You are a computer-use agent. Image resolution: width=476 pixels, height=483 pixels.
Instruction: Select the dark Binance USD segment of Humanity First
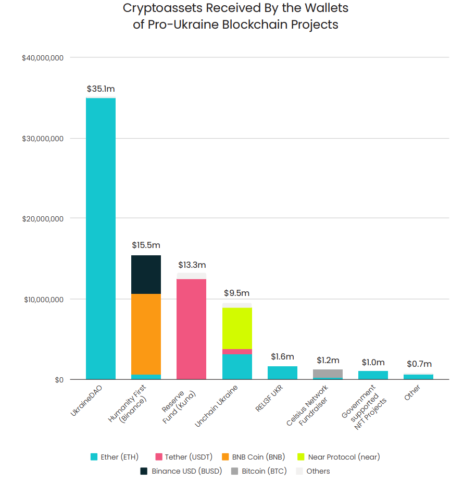[146, 275]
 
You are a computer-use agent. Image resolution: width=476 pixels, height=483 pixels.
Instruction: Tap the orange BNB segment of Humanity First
[146, 334]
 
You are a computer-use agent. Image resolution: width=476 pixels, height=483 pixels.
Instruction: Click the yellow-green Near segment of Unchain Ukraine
[237, 328]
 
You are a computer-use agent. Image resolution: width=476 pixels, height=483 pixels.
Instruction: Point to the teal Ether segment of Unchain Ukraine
[237, 366]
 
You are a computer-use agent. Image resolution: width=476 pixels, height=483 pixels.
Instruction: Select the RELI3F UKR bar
[282, 373]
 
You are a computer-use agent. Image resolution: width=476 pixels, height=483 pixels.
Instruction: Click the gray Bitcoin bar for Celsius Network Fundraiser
[328, 374]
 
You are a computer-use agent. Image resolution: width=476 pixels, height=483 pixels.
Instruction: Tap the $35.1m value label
[101, 89]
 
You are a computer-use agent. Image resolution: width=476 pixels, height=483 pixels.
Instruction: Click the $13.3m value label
[192, 265]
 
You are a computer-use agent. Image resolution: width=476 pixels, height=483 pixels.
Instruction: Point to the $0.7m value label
[419, 364]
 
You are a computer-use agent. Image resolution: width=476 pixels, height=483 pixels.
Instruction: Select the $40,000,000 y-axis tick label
[42, 58]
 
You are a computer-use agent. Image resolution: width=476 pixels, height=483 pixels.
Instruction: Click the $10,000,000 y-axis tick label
[42, 300]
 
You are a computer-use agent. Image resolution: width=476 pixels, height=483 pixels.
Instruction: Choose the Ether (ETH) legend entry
[115, 457]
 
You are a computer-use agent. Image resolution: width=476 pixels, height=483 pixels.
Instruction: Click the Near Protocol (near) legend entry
[339, 457]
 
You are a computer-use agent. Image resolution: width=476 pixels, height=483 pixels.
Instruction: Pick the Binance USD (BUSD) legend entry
[181, 471]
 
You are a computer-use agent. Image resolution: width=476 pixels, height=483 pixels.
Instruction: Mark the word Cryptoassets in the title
[160, 8]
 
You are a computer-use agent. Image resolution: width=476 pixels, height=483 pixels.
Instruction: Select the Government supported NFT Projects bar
[373, 375]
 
